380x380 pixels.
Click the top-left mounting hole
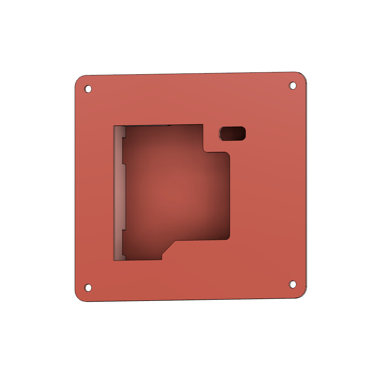point(88,89)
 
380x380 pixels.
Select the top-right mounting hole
point(292,86)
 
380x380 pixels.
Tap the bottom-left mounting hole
point(88,288)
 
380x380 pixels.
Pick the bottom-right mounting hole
point(292,284)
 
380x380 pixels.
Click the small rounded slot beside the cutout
point(232,134)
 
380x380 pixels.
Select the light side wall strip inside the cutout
point(118,193)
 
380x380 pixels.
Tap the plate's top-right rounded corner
point(304,76)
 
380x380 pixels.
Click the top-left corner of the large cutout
point(114,126)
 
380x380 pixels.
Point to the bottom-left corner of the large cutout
point(114,260)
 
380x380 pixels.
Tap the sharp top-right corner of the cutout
point(203,125)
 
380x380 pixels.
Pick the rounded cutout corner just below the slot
point(227,155)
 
